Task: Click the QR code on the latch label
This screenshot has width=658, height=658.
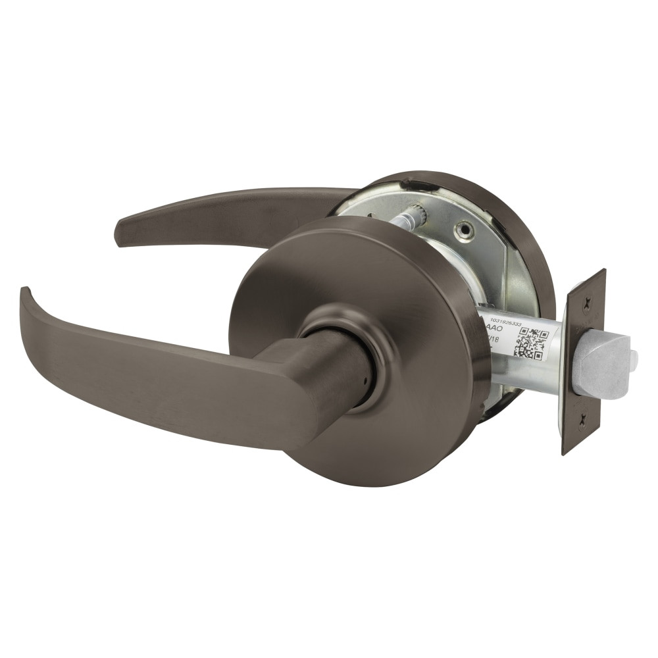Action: (530, 342)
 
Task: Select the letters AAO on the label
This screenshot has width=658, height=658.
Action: (493, 326)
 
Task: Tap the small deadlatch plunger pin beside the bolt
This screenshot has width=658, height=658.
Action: (633, 359)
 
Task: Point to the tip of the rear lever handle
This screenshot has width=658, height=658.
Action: (120, 234)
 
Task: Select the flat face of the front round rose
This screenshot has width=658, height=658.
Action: (408, 276)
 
